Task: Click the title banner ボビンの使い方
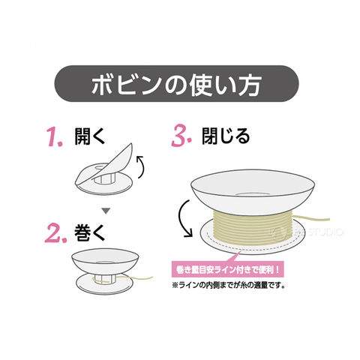[176, 83]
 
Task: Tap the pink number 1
[55, 136]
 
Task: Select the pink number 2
[55, 233]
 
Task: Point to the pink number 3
[181, 136]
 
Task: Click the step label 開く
[90, 136]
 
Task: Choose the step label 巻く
[89, 232]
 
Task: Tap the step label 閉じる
[226, 136]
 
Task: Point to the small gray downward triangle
[106, 211]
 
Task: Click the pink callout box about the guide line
[227, 270]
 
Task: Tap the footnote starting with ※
[229, 285]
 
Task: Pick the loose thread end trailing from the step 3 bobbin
[312, 219]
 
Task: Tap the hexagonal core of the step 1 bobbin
[104, 178]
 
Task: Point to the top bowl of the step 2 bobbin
[105, 261]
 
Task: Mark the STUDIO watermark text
[325, 232]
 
